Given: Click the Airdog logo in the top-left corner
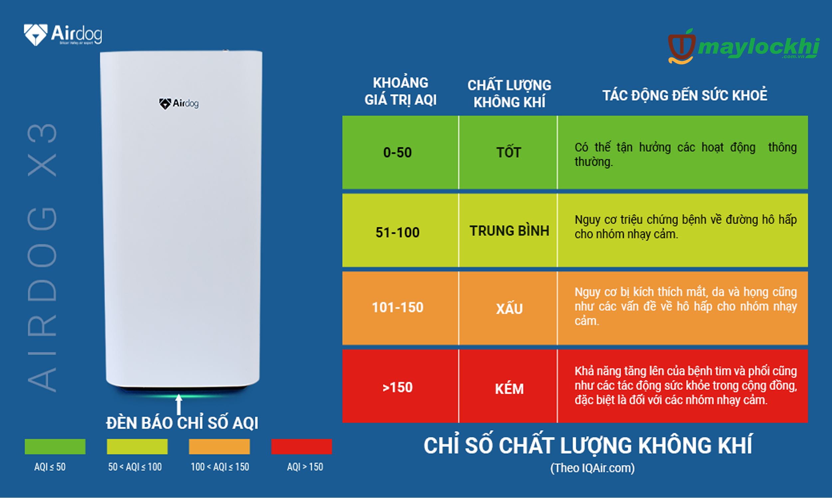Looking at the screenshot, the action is click(x=63, y=35).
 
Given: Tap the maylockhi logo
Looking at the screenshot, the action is click(x=744, y=47).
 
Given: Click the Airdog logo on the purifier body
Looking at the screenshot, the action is click(x=179, y=103).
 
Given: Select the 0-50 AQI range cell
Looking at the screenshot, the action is click(x=400, y=152).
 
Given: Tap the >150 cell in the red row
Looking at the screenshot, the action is click(x=400, y=386).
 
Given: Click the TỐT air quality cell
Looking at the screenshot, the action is click(x=508, y=152).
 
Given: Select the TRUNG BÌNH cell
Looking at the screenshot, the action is click(x=508, y=230).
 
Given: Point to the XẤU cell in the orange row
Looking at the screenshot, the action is click(x=508, y=308).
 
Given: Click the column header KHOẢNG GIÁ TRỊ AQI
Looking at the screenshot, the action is click(x=400, y=91).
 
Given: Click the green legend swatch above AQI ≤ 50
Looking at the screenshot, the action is click(x=55, y=447).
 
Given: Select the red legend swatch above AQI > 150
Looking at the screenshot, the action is click(x=301, y=447).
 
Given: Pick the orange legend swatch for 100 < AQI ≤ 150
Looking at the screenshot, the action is click(x=219, y=447).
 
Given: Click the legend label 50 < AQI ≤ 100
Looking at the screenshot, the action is click(x=135, y=467).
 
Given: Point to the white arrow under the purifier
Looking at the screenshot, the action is click(x=179, y=404).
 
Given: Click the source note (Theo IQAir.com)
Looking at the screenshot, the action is click(x=592, y=468).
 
